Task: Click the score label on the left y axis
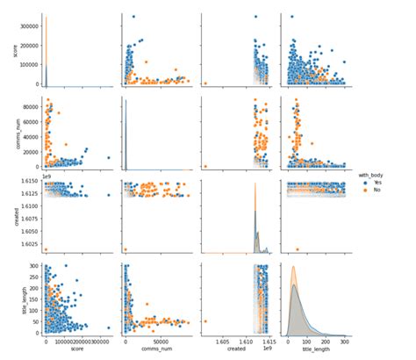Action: (8, 50)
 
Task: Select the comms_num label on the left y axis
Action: (8, 132)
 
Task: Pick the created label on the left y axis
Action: (8, 214)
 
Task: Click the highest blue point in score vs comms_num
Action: (133, 17)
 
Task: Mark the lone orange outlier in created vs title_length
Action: (298, 248)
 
